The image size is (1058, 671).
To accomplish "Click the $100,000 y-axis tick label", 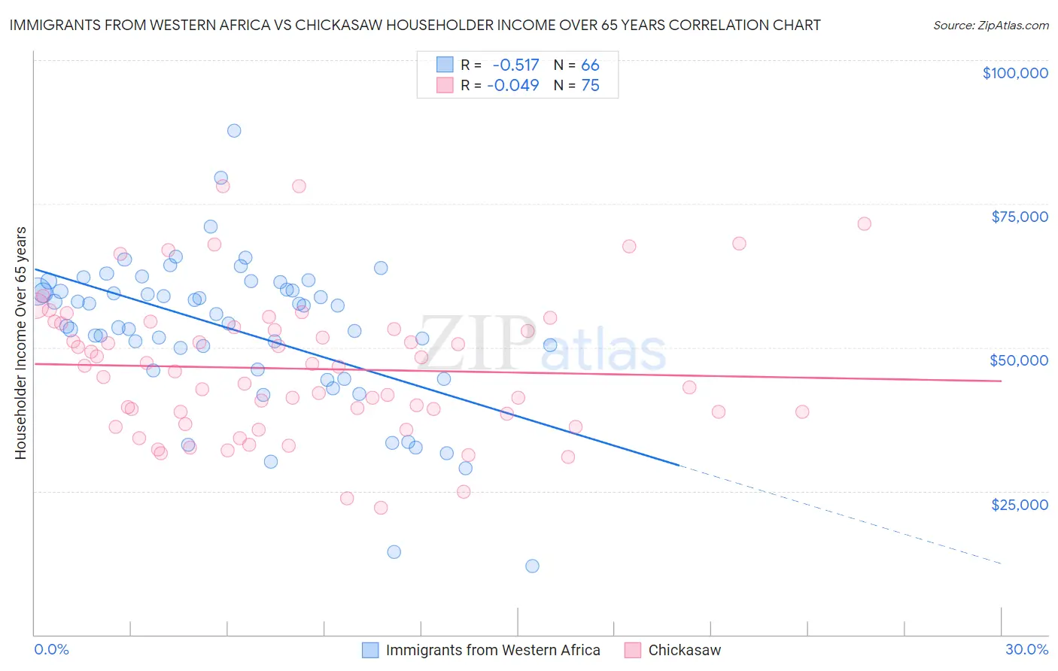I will click(1015, 73).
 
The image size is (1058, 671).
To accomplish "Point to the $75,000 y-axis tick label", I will click(1019, 217).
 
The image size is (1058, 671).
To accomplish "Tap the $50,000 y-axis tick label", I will click(1019, 360).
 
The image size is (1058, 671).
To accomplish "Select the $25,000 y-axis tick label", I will click(1019, 504).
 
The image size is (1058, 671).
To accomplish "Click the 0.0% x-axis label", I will click(51, 649).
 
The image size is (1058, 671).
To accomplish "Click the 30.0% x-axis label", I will click(1026, 649).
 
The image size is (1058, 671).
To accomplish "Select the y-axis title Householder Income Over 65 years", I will click(21, 342).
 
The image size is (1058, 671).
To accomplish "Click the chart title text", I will click(415, 25).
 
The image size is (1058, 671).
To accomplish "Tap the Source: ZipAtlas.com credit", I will click(990, 25).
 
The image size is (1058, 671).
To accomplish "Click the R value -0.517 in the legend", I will click(515, 65).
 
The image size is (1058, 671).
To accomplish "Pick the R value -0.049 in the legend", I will click(513, 85).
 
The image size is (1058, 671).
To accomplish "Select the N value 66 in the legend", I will click(590, 65).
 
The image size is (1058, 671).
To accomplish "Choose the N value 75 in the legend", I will click(590, 85).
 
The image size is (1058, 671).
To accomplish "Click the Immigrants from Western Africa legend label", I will click(492, 650).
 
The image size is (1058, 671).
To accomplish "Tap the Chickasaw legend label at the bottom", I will click(684, 650).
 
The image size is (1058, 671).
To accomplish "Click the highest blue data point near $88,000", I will click(234, 130).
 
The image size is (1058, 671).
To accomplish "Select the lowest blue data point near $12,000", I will click(532, 566).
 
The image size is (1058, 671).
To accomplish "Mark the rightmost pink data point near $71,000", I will click(864, 223).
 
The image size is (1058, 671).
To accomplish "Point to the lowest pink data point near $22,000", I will click(381, 508).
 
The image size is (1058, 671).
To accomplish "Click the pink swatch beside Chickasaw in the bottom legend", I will click(632, 650).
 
